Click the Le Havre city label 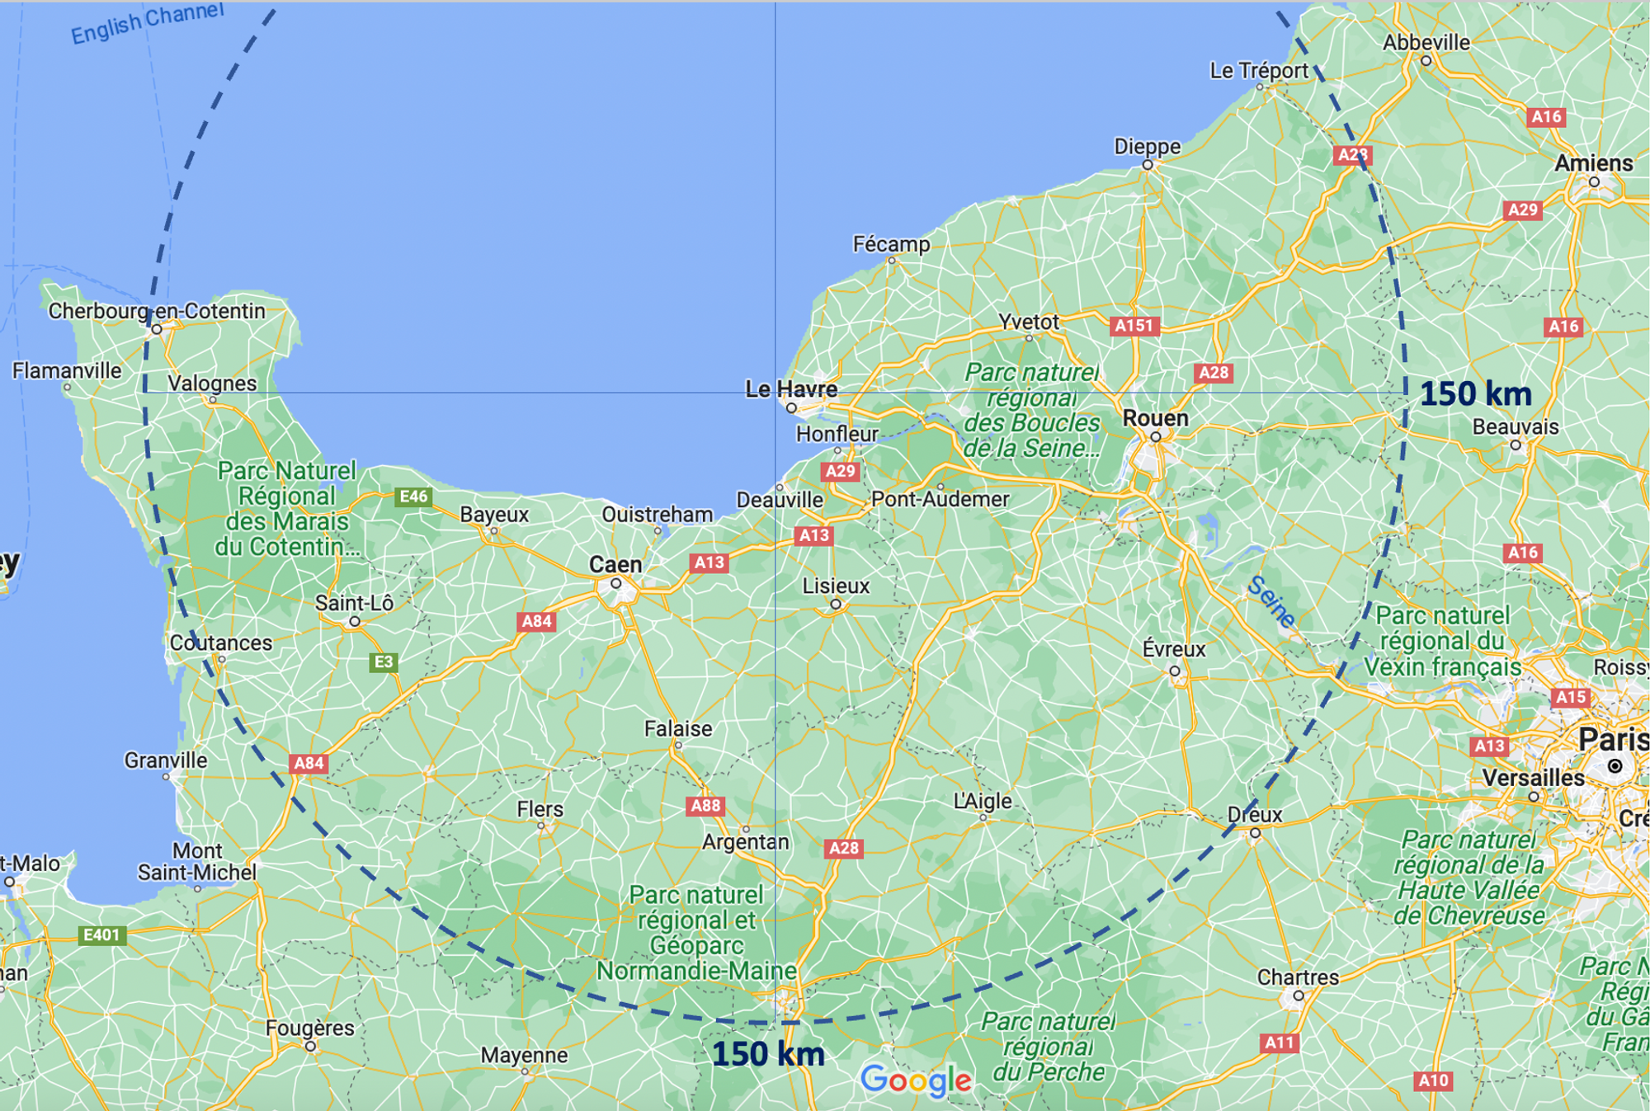790,388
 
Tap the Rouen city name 1155,418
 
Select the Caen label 615,564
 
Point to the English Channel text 147,22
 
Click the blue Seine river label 1270,600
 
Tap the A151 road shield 1134,326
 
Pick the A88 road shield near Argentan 705,806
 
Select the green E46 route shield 413,497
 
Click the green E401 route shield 101,934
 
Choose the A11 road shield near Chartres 1279,1043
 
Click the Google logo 916,1079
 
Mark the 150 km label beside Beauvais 1475,393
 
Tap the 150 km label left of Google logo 767,1054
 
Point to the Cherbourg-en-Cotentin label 157,311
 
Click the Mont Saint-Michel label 197,861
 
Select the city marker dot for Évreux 1175,671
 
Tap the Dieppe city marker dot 1148,165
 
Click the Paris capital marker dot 1615,766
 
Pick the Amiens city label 1593,163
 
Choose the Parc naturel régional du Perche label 1048,1047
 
